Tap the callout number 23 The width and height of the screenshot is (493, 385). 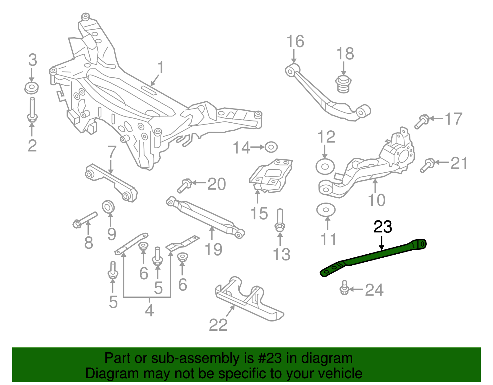383,227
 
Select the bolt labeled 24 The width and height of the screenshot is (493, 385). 344,288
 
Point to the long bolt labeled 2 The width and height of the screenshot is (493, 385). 32,109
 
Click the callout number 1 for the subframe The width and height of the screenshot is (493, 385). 160,68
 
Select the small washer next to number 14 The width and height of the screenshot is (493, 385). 271,147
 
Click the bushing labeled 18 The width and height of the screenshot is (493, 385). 343,84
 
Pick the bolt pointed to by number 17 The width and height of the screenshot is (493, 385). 421,121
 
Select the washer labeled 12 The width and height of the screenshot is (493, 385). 325,167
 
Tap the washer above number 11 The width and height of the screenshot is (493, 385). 326,210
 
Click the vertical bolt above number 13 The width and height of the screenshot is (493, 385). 280,219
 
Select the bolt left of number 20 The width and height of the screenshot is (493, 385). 184,186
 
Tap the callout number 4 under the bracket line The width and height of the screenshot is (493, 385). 149,310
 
